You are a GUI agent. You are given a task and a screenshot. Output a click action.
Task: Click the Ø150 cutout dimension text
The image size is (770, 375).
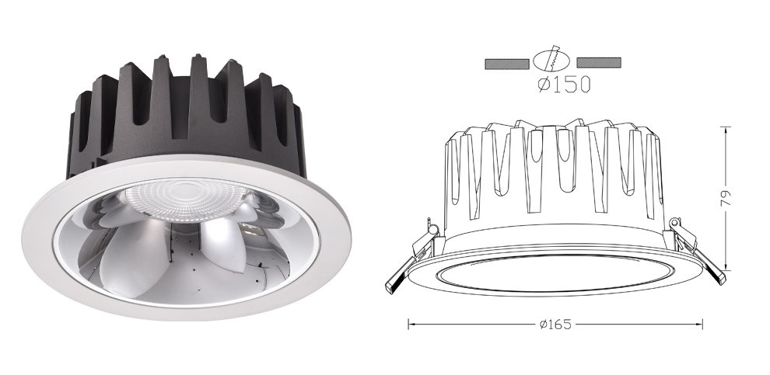[x=564, y=85]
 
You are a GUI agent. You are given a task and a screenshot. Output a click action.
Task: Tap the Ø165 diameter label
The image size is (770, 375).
[x=555, y=324]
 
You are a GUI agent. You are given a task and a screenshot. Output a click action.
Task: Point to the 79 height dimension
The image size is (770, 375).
[x=726, y=198]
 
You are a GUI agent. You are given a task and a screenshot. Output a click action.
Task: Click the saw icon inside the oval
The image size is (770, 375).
[x=554, y=59]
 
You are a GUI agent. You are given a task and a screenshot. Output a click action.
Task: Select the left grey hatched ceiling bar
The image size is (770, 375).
[x=507, y=64]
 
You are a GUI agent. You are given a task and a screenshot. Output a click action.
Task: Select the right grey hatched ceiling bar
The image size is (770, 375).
[x=599, y=63]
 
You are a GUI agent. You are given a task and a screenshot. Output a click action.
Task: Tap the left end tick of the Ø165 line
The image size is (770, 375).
[x=408, y=324]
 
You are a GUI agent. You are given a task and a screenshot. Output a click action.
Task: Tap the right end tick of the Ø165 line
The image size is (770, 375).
[x=702, y=324]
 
